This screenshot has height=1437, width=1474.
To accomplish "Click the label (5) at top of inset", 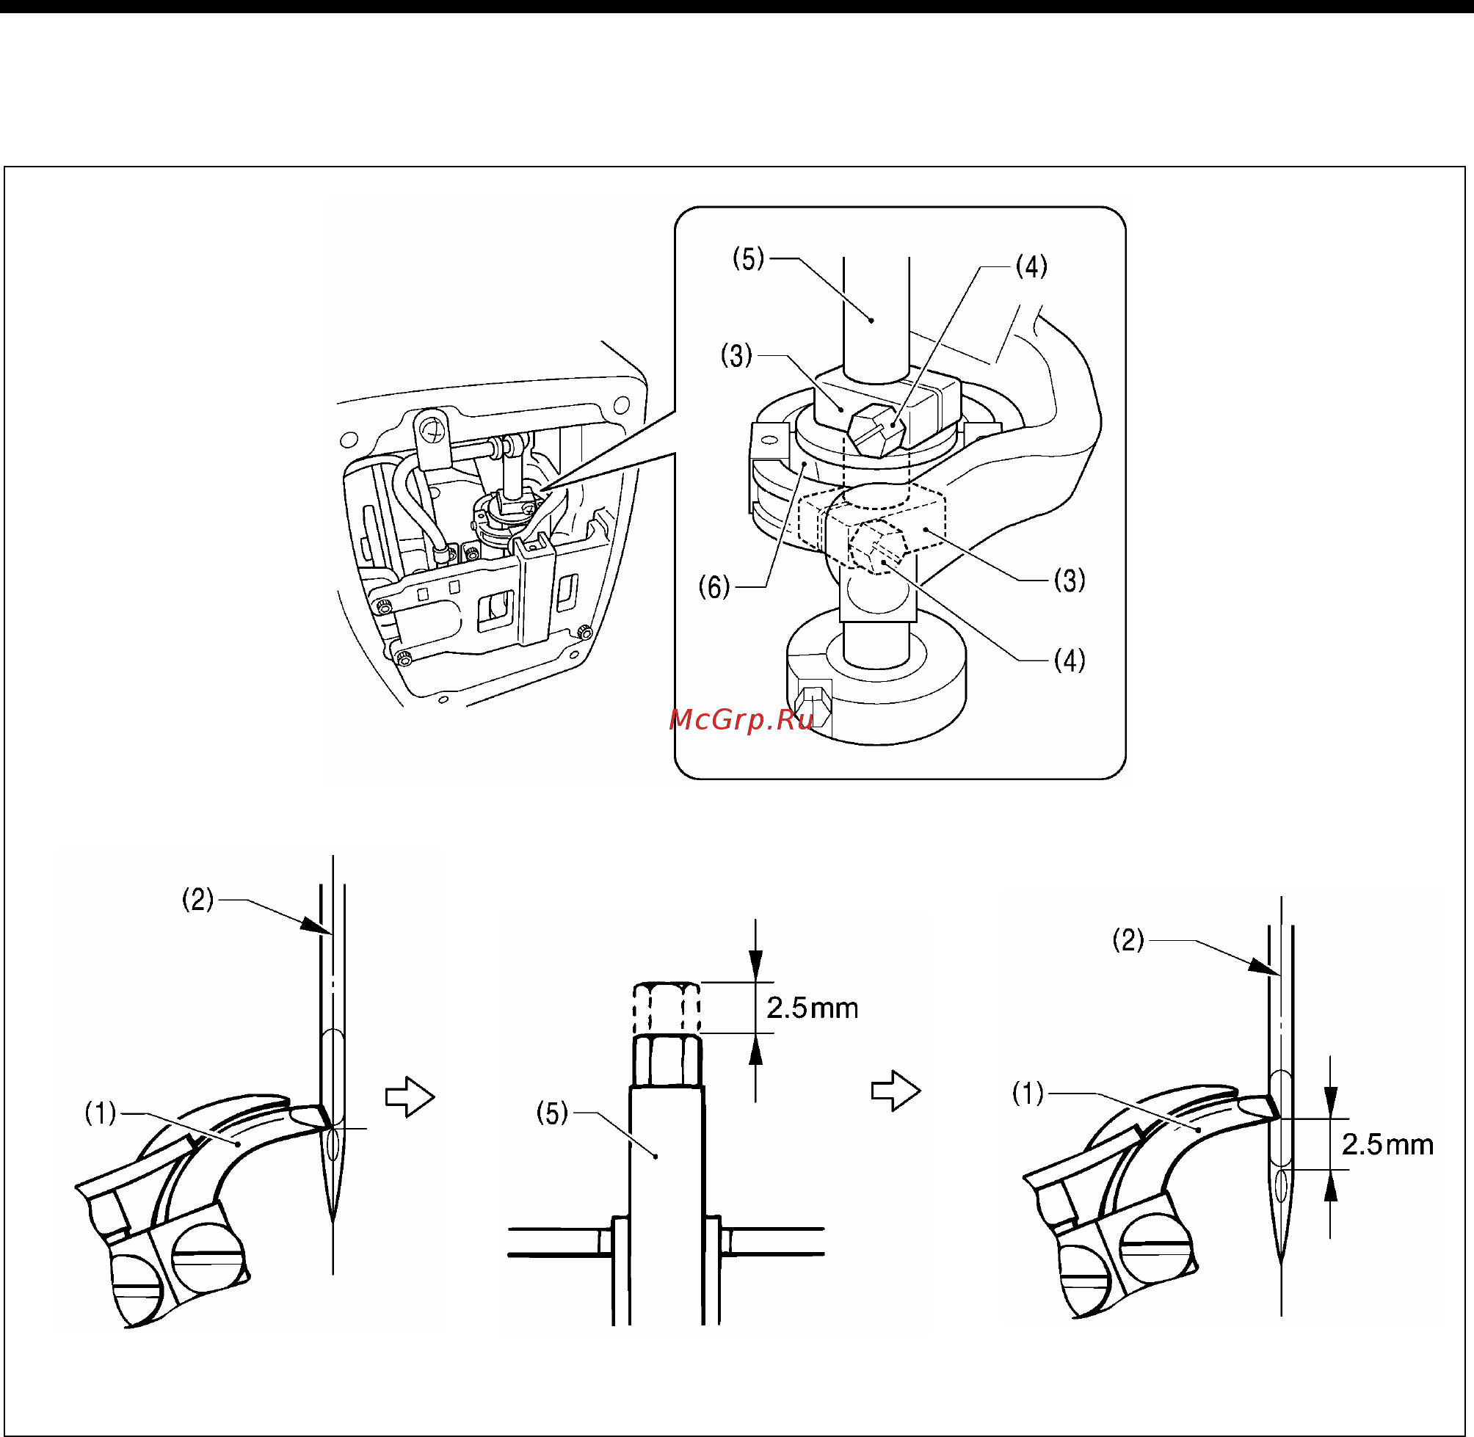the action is pyautogui.click(x=748, y=259).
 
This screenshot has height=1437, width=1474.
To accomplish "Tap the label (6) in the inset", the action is pyautogui.click(x=714, y=586).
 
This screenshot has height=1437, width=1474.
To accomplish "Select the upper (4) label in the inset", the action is pyautogui.click(x=1031, y=266).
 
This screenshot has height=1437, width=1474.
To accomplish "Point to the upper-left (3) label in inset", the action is pyautogui.click(x=736, y=354).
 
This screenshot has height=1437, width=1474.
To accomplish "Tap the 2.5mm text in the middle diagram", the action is pyautogui.click(x=812, y=1008).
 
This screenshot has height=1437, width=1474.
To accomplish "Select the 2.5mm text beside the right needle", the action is pyautogui.click(x=1387, y=1144).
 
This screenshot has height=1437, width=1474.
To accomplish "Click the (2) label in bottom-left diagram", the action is pyautogui.click(x=197, y=899).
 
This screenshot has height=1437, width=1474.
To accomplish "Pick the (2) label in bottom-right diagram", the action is pyautogui.click(x=1128, y=939).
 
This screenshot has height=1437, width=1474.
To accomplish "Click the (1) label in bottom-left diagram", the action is pyautogui.click(x=101, y=1113).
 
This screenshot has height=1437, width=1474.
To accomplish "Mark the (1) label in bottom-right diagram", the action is pyautogui.click(x=1028, y=1092).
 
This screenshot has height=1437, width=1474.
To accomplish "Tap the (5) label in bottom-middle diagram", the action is pyautogui.click(x=552, y=1113).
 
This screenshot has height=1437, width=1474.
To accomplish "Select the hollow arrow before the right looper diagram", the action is pyautogui.click(x=896, y=1091).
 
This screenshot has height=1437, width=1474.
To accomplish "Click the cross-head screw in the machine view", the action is pyautogui.click(x=433, y=432).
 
